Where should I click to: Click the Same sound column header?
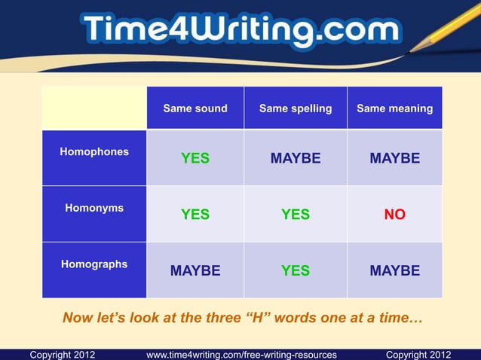(x=195, y=108)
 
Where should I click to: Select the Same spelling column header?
(x=296, y=108)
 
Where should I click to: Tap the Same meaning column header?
(x=394, y=108)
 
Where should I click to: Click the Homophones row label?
(x=94, y=151)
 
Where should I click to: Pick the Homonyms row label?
(x=94, y=208)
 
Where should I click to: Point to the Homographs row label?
(x=94, y=264)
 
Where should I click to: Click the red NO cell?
(x=394, y=215)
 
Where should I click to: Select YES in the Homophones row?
(x=195, y=158)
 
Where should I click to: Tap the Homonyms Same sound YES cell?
(x=195, y=215)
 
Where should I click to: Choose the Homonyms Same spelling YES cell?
(x=296, y=215)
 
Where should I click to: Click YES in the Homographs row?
(x=296, y=270)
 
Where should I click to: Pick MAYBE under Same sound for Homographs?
(x=195, y=270)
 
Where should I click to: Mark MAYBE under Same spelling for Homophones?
(x=296, y=158)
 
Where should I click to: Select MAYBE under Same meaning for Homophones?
(x=394, y=158)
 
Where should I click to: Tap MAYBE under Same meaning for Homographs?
(x=394, y=270)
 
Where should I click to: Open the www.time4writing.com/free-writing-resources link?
(x=241, y=354)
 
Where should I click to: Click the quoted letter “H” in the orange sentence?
(x=260, y=318)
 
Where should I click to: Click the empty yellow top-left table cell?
(x=94, y=108)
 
